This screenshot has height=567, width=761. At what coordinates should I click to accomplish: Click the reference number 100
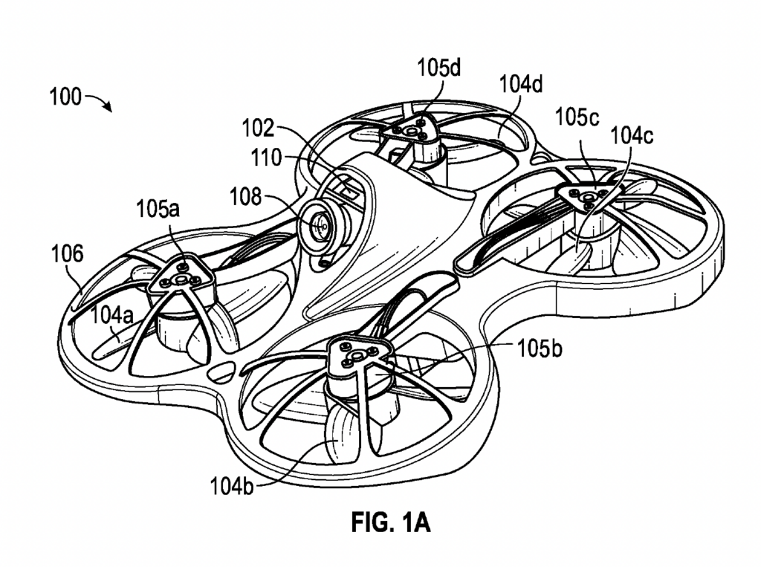[65, 97]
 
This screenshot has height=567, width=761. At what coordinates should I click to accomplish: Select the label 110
[266, 158]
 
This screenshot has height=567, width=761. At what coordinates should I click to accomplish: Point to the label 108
[246, 197]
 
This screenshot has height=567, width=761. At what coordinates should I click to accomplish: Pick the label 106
[66, 255]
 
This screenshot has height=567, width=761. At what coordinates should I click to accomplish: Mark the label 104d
[520, 85]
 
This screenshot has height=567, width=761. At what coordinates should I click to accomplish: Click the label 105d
[439, 69]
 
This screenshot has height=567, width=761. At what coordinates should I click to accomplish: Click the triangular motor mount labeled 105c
[588, 195]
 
